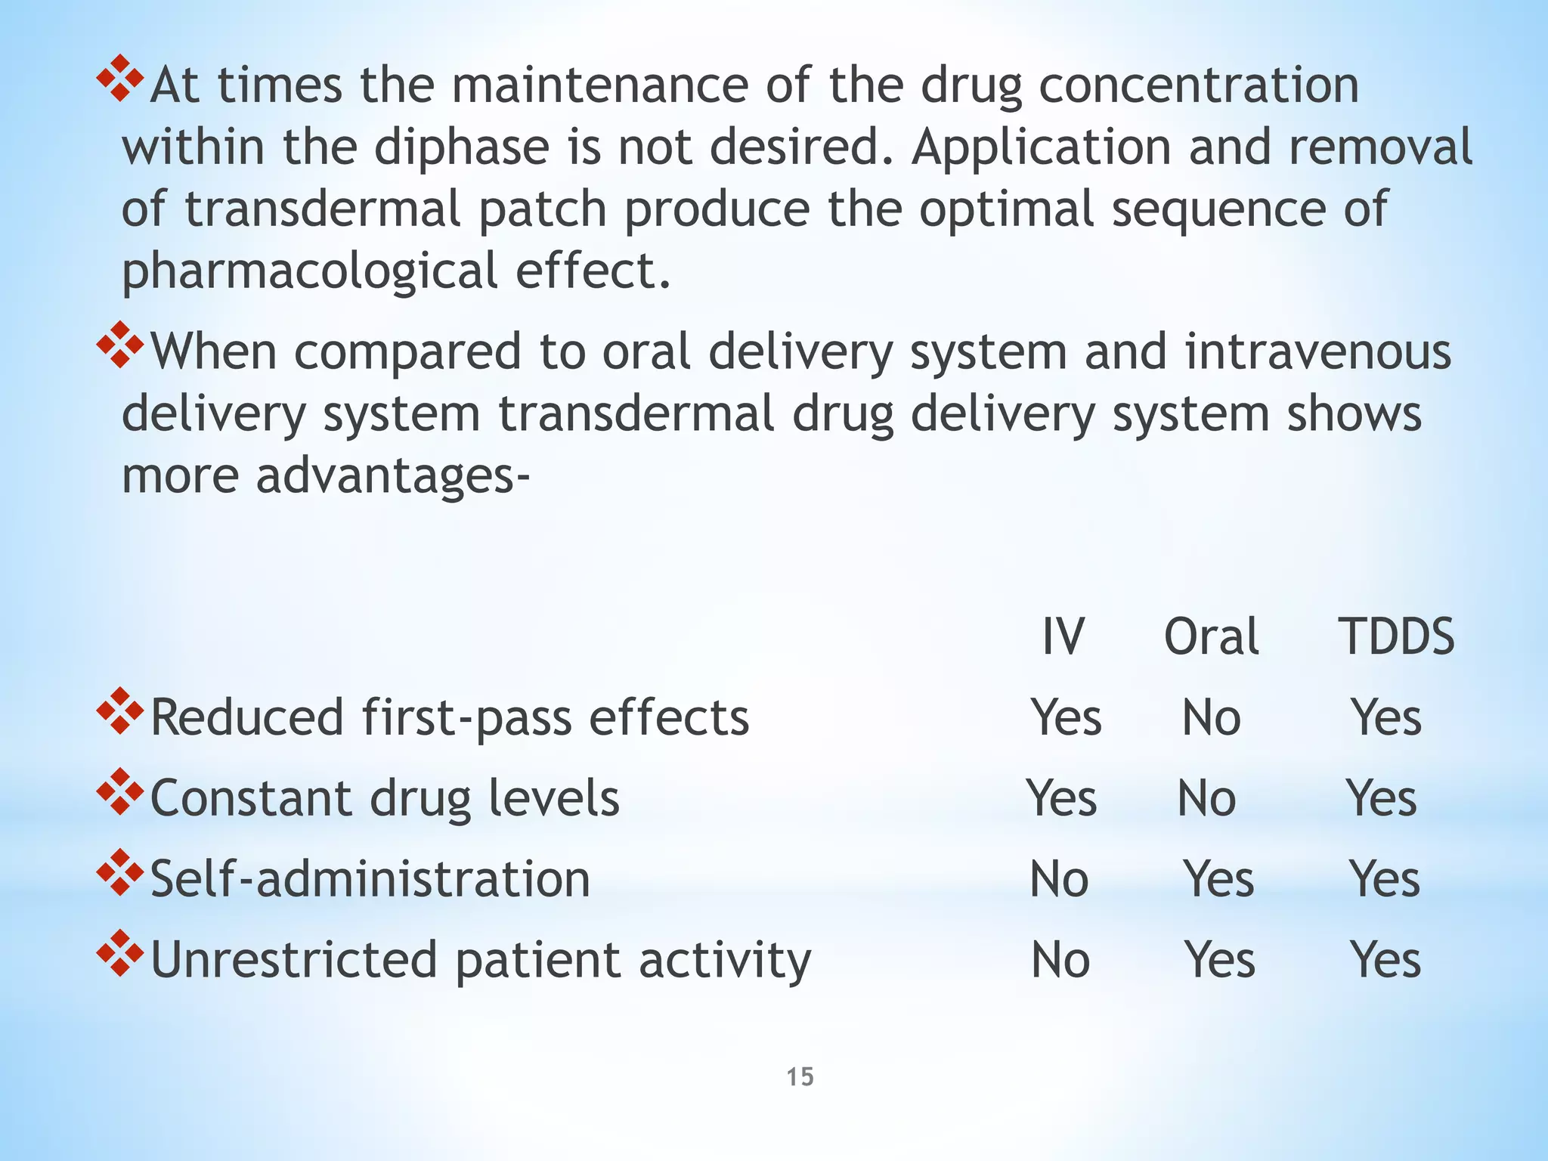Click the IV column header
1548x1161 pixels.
point(1063,636)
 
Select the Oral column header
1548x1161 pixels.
point(1211,636)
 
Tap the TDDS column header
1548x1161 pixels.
point(1397,636)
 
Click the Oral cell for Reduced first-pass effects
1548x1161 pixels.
point(1211,717)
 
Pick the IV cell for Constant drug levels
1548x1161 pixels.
point(1061,798)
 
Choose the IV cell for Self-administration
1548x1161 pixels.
point(1059,879)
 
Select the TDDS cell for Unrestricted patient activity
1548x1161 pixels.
point(1385,960)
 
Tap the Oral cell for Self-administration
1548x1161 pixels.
point(1218,879)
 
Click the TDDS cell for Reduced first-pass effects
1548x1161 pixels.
point(1386,717)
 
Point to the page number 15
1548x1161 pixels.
point(800,1076)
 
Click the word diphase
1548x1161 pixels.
point(462,147)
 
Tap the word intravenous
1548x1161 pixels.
point(1317,352)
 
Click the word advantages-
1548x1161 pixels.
point(393,476)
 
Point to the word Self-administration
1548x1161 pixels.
point(370,879)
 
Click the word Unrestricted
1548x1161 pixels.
point(295,960)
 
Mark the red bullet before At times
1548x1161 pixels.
point(119,79)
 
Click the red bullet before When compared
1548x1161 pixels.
point(119,345)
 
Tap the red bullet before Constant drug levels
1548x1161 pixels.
point(119,791)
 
